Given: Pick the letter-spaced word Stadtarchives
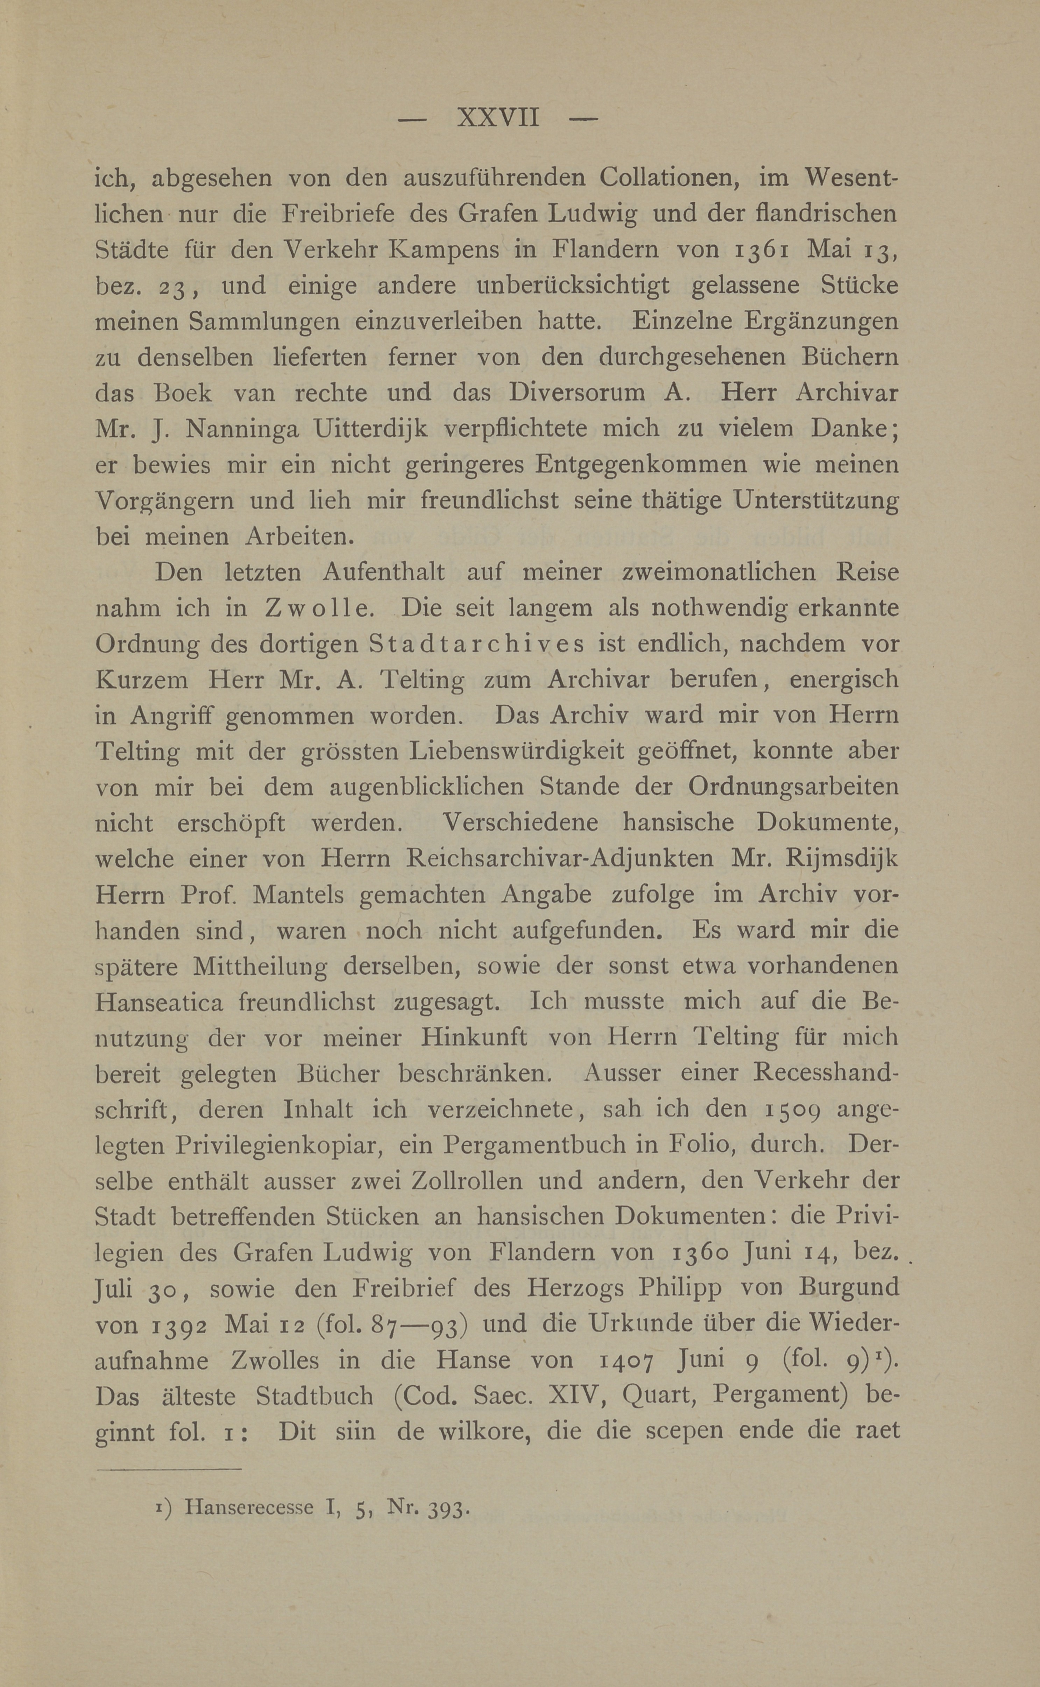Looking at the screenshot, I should point(477,644).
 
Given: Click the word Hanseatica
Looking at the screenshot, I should point(159,1002).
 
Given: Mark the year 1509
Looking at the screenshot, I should point(790,1109).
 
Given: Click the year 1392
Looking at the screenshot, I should point(174,1324).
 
